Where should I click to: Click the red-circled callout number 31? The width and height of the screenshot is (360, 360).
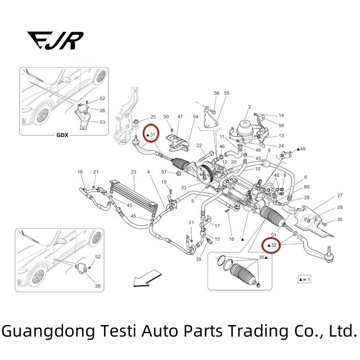point(151,134)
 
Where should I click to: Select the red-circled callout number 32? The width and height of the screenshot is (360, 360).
point(272,245)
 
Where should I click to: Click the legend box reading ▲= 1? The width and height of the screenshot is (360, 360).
point(305,279)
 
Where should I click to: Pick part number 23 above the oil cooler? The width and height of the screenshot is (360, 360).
point(133,172)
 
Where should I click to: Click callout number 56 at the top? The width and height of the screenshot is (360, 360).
point(216,93)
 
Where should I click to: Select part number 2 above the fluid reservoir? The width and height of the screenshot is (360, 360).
point(249,107)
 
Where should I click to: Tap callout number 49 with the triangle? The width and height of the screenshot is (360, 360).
point(301,149)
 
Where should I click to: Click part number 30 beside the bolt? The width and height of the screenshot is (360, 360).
point(340,220)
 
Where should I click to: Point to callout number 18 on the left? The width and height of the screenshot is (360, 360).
point(80,172)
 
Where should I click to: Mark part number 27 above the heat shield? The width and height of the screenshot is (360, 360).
point(340,196)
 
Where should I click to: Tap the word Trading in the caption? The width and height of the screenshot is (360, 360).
point(256,332)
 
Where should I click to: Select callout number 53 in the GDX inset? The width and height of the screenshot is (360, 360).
point(102,122)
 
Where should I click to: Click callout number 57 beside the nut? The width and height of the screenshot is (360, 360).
point(164,172)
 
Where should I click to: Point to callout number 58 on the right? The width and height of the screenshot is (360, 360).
point(281,125)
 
